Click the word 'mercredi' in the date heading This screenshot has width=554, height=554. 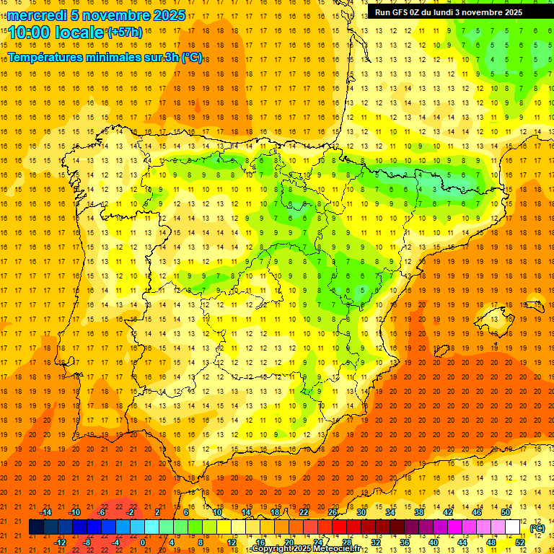click(38, 15)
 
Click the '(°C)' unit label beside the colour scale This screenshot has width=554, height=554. click(537, 528)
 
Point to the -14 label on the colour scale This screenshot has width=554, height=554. click(45, 512)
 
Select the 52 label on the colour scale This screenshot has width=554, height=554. click(520, 542)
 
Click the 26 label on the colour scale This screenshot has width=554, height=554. click(333, 512)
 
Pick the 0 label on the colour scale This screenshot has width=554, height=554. click(143, 542)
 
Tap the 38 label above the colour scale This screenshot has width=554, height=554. click(419, 512)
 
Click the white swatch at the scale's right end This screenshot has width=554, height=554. click(513, 527)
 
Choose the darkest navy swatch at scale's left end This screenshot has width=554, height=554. click(36, 527)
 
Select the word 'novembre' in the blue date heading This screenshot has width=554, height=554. click(114, 15)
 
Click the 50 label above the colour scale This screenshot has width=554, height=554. click(506, 512)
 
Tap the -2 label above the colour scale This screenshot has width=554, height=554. click(131, 512)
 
